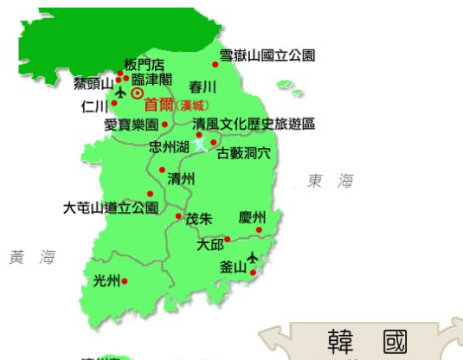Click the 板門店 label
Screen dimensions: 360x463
pyautogui.click(x=144, y=64)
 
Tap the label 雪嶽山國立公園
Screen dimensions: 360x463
pyautogui.click(x=267, y=55)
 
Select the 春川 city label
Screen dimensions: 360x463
pyautogui.click(x=203, y=87)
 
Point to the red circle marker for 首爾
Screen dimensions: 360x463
pyautogui.click(x=136, y=93)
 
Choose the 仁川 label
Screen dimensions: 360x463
pyautogui.click(x=93, y=106)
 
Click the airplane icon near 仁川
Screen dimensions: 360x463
pyautogui.click(x=119, y=92)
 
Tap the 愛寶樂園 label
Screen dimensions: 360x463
pyautogui.click(x=130, y=125)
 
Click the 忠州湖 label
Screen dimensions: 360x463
pyautogui.click(x=169, y=147)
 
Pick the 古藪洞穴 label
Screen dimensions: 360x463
pyautogui.click(x=244, y=153)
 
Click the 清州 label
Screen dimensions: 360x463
pyautogui.click(x=181, y=179)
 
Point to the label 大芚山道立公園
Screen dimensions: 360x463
pyautogui.click(x=111, y=208)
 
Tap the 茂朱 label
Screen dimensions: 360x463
pyautogui.click(x=199, y=219)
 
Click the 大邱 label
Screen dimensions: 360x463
pyautogui.click(x=210, y=245)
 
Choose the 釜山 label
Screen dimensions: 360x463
pyautogui.click(x=234, y=267)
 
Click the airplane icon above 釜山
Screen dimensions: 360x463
pyautogui.click(x=253, y=257)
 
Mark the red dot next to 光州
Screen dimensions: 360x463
pyautogui.click(x=125, y=281)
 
